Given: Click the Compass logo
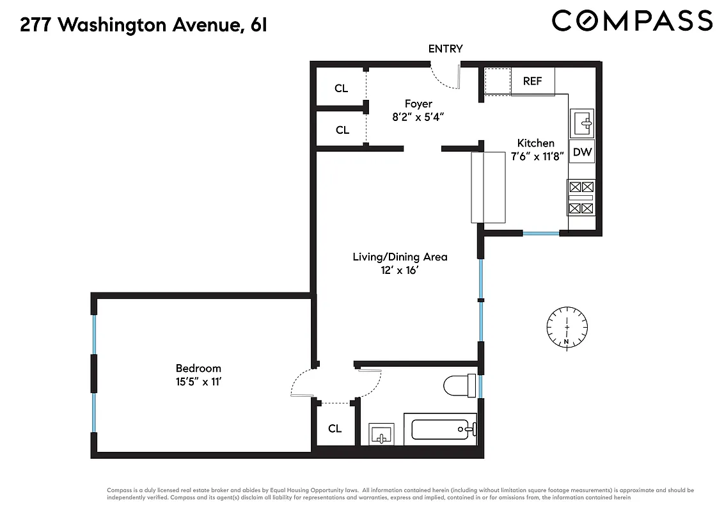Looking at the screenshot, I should pos(632,20).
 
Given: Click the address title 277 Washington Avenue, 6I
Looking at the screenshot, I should pos(143,26).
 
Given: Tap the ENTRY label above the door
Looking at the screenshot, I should pos(445,49).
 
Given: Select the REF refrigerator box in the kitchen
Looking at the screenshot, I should pos(532,81).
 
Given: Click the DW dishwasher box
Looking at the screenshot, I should pos(582,152).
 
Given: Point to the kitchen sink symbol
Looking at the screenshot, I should pos(582,122).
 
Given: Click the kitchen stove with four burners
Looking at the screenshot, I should pos(581,198).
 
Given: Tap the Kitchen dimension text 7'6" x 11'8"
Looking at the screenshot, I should pos(536,156).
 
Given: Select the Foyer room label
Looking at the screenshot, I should pos(418,104).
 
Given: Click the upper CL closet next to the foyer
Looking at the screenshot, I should pos(342,88).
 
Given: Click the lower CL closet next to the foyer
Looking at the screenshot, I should pos(342,130).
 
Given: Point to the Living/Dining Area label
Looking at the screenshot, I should pos(400,257).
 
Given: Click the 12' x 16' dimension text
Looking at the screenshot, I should pos(400,271).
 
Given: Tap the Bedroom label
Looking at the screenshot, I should pos(198,368).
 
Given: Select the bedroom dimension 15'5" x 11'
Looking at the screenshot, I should pos(198,382).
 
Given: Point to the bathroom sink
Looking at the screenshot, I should pos(382,434).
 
